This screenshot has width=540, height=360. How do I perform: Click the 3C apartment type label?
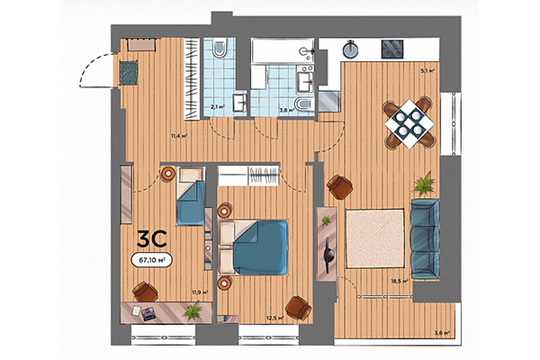tap(150, 239)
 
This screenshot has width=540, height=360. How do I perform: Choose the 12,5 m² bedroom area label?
tap(274, 318)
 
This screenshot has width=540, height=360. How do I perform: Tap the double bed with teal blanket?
tap(259, 247)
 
